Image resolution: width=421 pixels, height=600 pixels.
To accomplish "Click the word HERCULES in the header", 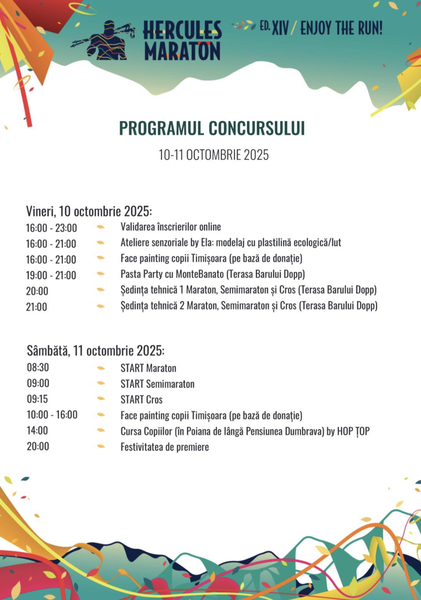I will click(182, 30).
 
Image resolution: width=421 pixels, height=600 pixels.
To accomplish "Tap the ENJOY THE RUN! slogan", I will click(341, 28).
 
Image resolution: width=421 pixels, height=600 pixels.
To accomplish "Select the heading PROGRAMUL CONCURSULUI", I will click(212, 128).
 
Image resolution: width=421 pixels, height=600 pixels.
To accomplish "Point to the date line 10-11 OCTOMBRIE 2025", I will click(214, 155).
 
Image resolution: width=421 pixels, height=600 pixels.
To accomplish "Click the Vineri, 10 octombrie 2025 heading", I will click(89, 211).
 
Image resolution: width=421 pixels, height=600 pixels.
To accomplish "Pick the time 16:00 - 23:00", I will click(51, 228).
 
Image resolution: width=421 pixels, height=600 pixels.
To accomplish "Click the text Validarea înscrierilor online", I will click(171, 227).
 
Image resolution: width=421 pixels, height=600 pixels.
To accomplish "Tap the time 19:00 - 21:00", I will click(51, 275).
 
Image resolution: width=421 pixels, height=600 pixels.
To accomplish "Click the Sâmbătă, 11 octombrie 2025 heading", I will click(96, 350).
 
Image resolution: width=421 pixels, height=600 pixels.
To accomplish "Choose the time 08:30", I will click(38, 367).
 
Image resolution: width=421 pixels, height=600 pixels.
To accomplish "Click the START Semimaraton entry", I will click(157, 384).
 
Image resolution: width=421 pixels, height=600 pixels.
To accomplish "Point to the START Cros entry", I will click(141, 399).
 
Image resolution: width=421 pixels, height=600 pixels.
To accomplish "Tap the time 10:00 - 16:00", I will click(52, 414).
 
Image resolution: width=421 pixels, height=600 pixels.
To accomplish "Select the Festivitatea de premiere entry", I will click(165, 447).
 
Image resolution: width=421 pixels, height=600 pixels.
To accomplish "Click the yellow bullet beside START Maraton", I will click(101, 368).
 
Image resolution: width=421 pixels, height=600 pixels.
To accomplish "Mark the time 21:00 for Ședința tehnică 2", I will click(36, 307).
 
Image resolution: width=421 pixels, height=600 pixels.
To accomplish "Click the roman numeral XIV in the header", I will click(280, 28).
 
